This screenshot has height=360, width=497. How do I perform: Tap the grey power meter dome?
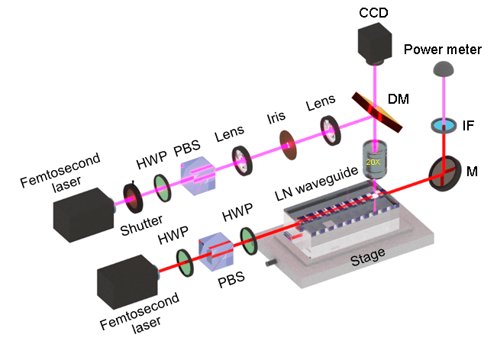point(444,69)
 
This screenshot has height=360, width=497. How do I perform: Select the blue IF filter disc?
point(444,125)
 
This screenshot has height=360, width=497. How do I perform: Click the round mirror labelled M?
point(444,173)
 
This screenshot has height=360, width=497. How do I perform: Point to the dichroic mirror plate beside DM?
point(377,112)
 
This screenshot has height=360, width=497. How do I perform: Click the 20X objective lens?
point(374,159)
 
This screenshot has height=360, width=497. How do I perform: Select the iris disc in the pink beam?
point(288,145)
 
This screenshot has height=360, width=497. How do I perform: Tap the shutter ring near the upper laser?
point(133,198)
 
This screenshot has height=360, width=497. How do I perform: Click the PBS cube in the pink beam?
point(198,175)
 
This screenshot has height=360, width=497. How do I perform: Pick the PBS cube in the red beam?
point(216,252)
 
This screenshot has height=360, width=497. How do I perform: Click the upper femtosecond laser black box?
point(84,214)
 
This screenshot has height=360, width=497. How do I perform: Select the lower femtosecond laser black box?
point(127,281)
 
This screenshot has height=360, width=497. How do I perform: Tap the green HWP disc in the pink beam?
point(163,188)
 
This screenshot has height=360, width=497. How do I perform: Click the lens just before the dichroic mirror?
point(331,130)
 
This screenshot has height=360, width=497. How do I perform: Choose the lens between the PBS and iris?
point(242,160)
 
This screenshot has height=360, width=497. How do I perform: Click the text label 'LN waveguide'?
point(316,184)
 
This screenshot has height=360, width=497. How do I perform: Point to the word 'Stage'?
point(368,257)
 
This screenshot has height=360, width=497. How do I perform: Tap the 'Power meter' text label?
point(443,50)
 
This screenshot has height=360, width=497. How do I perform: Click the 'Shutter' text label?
point(141,225)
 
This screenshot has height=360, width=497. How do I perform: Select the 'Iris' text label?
point(276,117)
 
